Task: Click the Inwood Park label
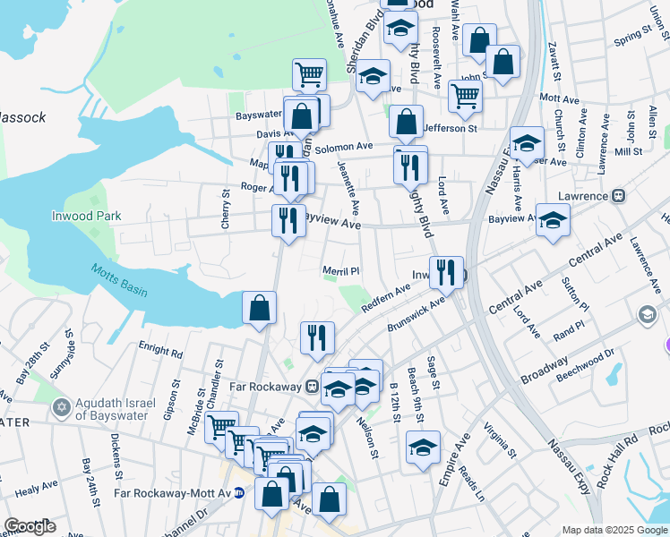(x=86, y=217)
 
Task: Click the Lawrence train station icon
(x=618, y=195)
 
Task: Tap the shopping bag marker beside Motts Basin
(x=259, y=309)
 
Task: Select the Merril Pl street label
(x=340, y=271)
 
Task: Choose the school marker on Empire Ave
(x=423, y=447)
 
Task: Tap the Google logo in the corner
(x=30, y=526)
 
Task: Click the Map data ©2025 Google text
(x=614, y=530)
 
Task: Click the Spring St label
(x=632, y=35)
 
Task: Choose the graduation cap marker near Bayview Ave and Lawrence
(x=553, y=221)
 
